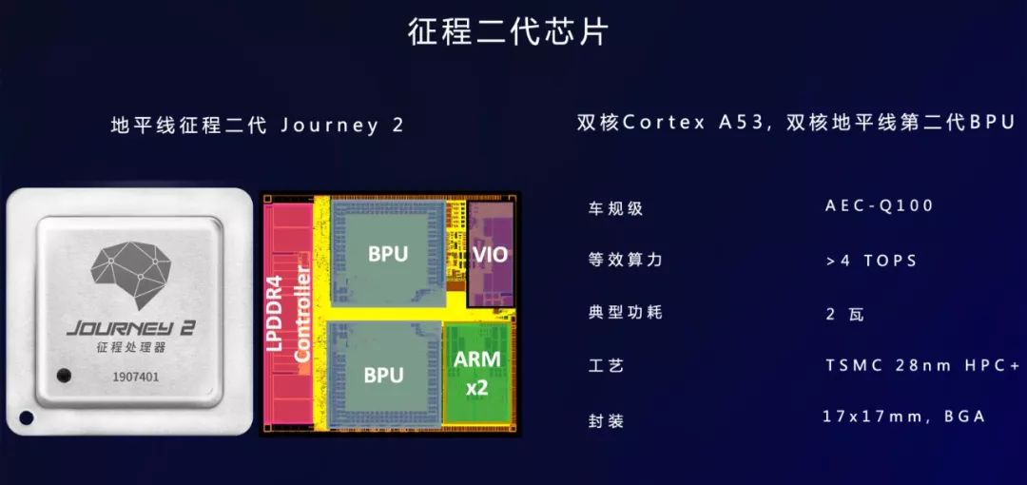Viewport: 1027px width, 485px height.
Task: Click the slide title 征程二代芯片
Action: (508, 31)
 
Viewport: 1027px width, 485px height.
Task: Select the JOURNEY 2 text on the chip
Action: (130, 327)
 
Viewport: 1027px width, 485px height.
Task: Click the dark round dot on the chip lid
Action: (64, 374)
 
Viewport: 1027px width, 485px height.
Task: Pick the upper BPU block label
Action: (387, 254)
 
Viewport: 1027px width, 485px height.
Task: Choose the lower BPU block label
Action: (384, 375)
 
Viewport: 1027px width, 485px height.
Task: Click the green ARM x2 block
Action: (477, 372)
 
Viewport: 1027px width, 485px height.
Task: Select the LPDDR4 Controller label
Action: (288, 313)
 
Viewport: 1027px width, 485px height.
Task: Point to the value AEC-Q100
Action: (880, 206)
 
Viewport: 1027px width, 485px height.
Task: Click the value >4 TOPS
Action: (872, 261)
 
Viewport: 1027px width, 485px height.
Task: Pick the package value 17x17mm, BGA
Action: (903, 417)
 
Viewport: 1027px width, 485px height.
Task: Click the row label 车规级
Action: (616, 208)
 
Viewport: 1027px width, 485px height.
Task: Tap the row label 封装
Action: (607, 419)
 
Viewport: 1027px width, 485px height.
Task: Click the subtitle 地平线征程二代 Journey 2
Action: (258, 126)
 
